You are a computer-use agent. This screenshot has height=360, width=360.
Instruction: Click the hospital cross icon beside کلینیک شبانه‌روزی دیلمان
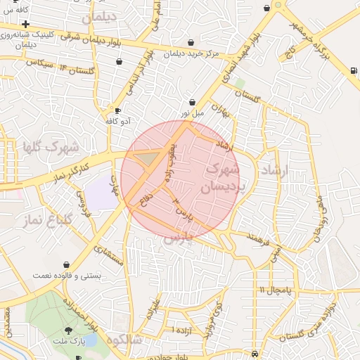point(26,25)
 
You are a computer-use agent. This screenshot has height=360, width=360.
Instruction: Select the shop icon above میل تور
point(193,102)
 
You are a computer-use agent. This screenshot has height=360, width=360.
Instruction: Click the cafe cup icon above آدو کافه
point(117,110)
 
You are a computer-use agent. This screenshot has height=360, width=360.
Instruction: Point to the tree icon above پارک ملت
point(68,330)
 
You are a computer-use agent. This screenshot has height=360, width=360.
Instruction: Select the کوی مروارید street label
point(213,320)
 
